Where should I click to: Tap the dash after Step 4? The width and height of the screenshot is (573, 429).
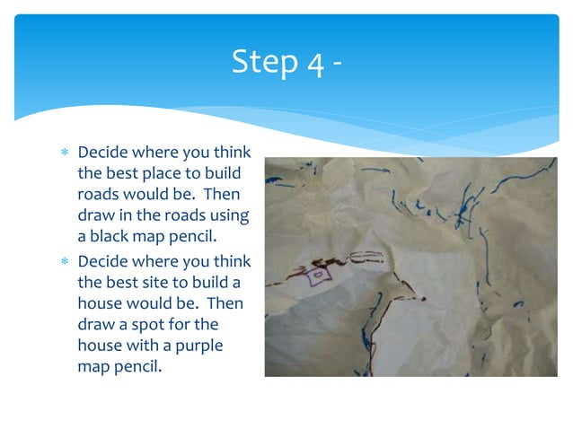(x=336, y=65)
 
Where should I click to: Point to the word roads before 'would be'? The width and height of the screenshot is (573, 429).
(x=99, y=194)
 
